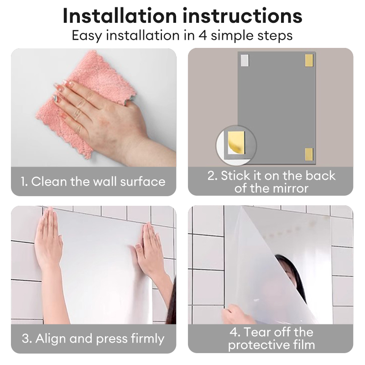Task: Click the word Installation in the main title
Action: click(120, 16)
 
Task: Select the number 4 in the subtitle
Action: click(203, 36)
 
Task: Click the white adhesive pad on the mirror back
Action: click(245, 60)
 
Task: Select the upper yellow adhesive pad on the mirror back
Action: click(309, 60)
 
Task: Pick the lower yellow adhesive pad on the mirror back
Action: click(309, 154)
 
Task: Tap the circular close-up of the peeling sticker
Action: click(236, 146)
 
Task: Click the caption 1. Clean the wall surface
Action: click(93, 181)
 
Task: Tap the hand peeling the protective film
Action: click(237, 314)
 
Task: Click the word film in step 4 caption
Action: click(304, 344)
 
